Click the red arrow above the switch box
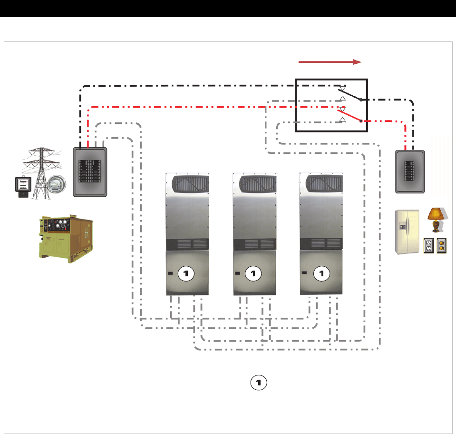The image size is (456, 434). point(330,62)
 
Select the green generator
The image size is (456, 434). point(66,239)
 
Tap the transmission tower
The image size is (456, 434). point(41,173)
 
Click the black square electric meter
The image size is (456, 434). point(23,187)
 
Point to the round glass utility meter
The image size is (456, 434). point(56,184)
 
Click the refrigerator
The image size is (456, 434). point(407,232)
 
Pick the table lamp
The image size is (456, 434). point(436,220)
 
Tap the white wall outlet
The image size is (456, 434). point(429,245)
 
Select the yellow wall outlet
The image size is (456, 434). point(441,245)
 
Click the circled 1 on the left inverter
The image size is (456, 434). point(186,273)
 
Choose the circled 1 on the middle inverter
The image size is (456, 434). point(253,273)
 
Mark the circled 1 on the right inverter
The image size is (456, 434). point(321,273)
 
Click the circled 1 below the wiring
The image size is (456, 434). point(259,383)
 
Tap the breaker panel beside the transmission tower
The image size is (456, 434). point(90,172)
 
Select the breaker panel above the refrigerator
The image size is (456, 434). point(410,172)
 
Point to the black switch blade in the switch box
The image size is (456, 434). point(350,95)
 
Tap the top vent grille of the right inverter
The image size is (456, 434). point(324,183)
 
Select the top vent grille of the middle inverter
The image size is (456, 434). point(258,184)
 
